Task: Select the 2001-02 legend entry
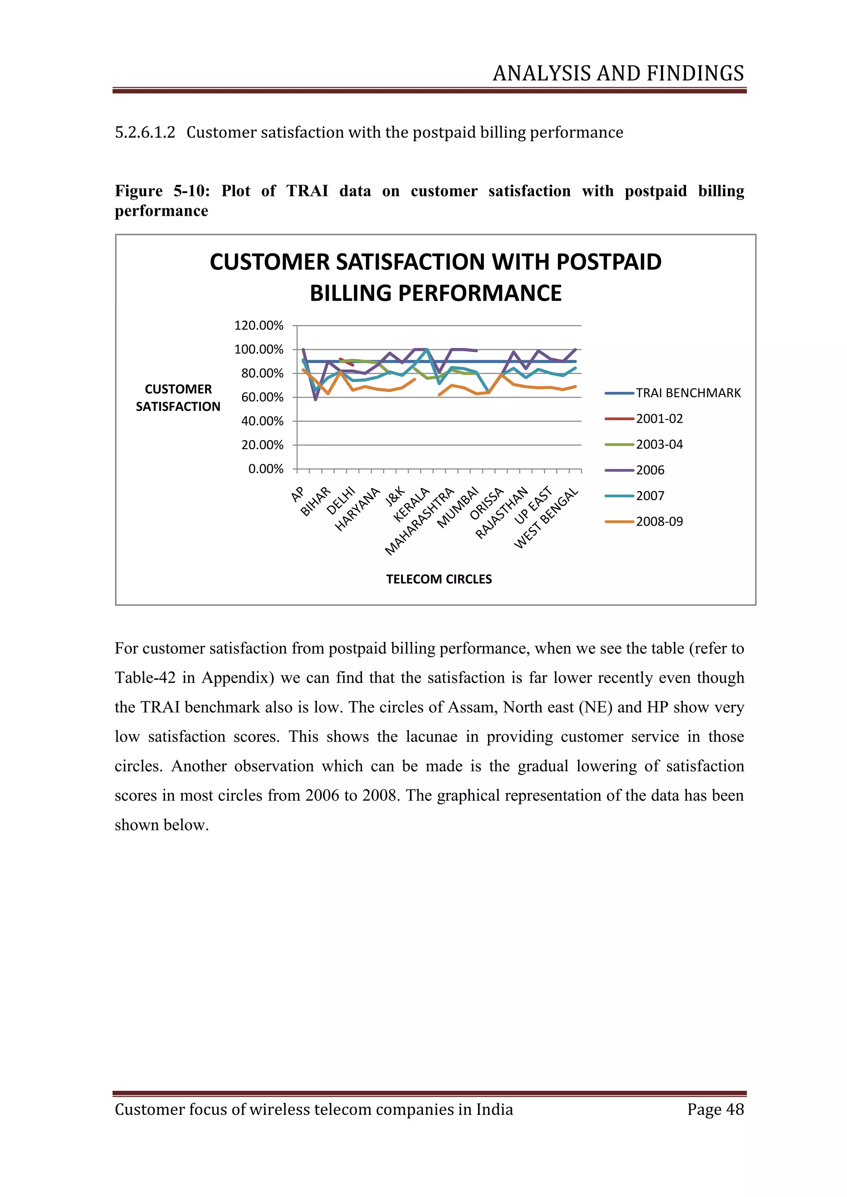[659, 419]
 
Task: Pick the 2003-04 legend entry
[659, 444]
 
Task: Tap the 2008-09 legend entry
[659, 521]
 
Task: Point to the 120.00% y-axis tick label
[258, 326]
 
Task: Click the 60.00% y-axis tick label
[262, 397]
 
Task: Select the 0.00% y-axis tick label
[266, 469]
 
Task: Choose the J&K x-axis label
[395, 496]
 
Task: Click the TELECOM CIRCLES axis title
[439, 579]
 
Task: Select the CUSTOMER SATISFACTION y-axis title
[178, 398]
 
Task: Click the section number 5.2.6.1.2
[145, 132]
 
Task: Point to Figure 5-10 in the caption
[162, 191]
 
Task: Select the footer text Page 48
[715, 1109]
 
